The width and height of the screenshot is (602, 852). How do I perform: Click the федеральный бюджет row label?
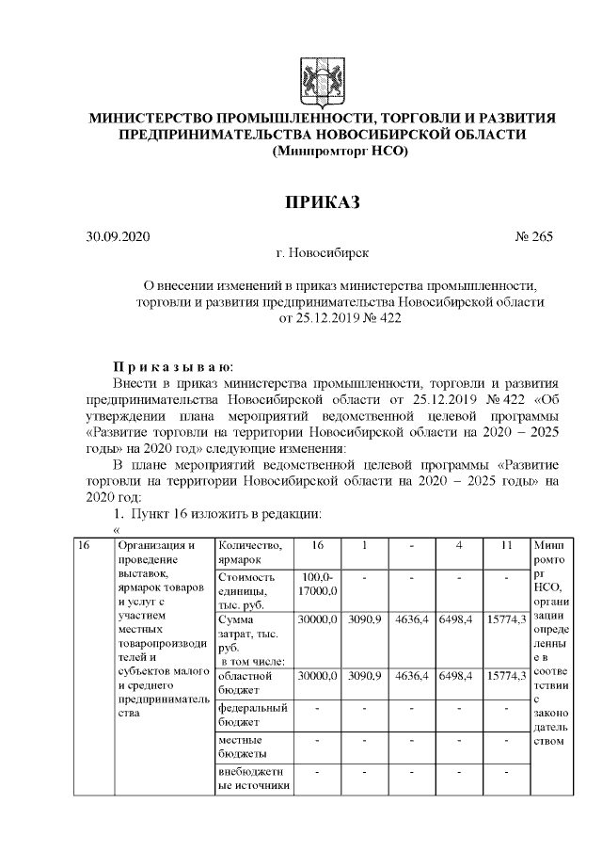pos(252,714)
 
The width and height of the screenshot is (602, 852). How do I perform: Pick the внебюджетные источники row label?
pos(252,780)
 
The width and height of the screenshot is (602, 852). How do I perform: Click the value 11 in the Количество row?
pos(504,546)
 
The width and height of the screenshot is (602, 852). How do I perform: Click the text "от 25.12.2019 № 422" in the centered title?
pos(339,319)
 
